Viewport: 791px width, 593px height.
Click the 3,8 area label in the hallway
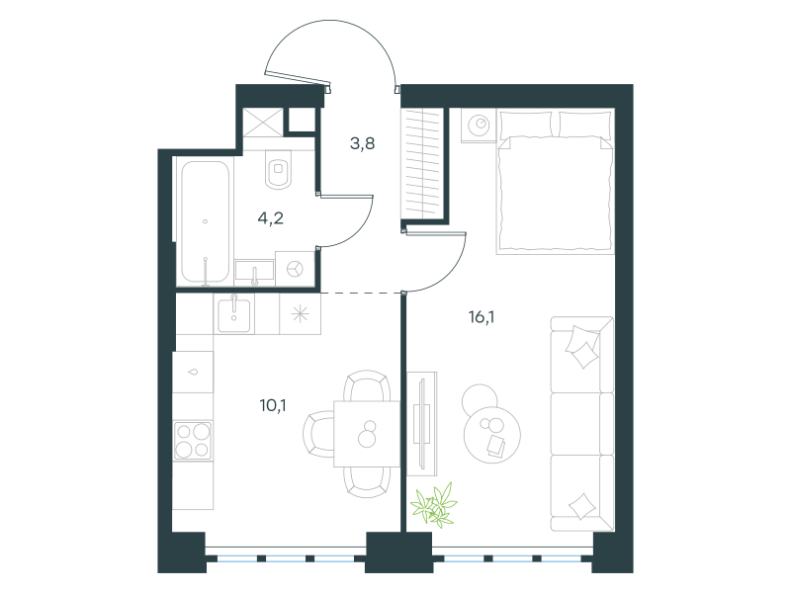click(x=362, y=143)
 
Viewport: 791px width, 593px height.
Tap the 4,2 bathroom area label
click(x=270, y=218)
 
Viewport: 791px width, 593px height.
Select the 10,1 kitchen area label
click(x=273, y=405)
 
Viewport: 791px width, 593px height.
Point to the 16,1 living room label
click(x=482, y=316)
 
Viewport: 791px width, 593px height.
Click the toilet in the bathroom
click(x=278, y=169)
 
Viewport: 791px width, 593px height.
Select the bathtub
click(x=206, y=221)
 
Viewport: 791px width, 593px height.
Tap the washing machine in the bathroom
click(x=295, y=269)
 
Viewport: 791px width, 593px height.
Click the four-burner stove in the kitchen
click(x=192, y=440)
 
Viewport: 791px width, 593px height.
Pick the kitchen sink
click(x=233, y=314)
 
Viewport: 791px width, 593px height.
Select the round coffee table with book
click(x=491, y=433)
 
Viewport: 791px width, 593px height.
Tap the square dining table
click(x=367, y=434)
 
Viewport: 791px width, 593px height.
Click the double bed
click(x=555, y=182)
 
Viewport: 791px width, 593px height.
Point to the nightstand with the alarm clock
click(x=479, y=126)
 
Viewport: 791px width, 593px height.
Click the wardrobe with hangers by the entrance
click(x=424, y=163)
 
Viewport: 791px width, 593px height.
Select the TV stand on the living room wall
click(x=422, y=424)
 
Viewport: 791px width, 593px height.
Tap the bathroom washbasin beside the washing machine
click(x=255, y=272)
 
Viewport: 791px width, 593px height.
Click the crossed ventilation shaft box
click(x=263, y=122)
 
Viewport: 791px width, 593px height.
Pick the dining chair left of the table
click(x=318, y=434)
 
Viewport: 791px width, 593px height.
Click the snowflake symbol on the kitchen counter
click(x=301, y=314)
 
